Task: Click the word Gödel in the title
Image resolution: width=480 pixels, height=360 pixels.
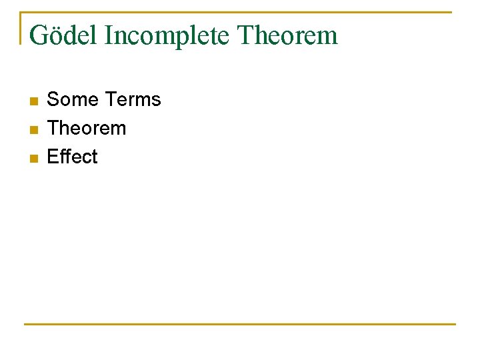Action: [63, 35]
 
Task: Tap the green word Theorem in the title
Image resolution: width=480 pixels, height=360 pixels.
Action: [287, 35]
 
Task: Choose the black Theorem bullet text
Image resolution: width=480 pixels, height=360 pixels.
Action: [86, 128]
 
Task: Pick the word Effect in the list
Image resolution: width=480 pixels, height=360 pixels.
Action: [72, 157]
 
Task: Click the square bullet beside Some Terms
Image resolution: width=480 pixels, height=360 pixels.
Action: [34, 101]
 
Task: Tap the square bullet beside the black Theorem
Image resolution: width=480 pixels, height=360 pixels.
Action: [34, 129]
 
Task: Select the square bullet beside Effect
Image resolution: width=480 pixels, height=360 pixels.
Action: [34, 158]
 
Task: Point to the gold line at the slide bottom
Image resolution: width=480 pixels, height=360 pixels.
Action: [240, 324]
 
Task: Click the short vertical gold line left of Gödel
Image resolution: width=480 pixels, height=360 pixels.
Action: [21, 28]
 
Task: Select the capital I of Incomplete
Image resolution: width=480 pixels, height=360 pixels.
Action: [109, 35]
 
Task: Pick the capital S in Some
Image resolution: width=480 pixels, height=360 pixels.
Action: [53, 99]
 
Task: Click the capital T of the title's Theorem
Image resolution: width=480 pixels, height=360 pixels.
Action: [245, 35]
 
